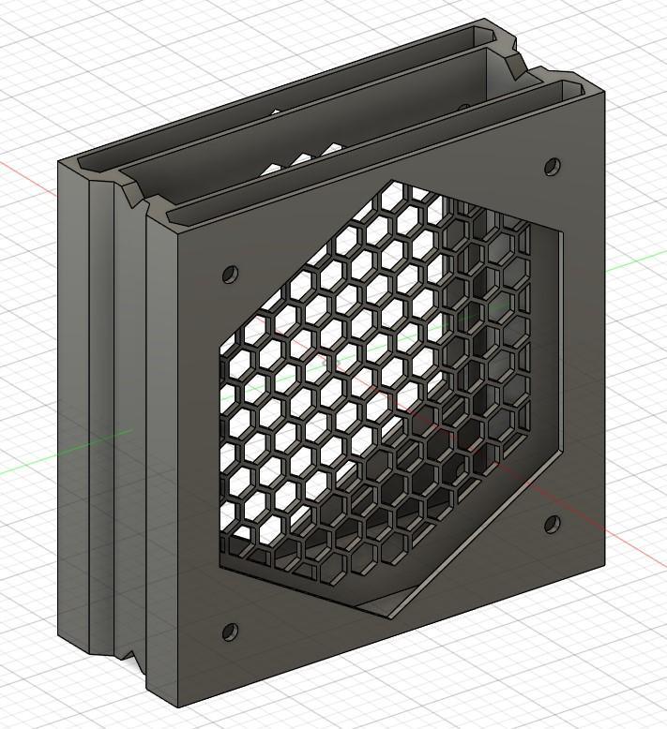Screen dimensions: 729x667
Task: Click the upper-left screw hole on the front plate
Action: pos(229,275)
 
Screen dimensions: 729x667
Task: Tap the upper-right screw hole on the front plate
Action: pos(552,168)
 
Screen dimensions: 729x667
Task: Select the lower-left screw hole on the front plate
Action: pos(227,632)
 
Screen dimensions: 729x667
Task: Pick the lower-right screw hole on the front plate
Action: pos(552,523)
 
